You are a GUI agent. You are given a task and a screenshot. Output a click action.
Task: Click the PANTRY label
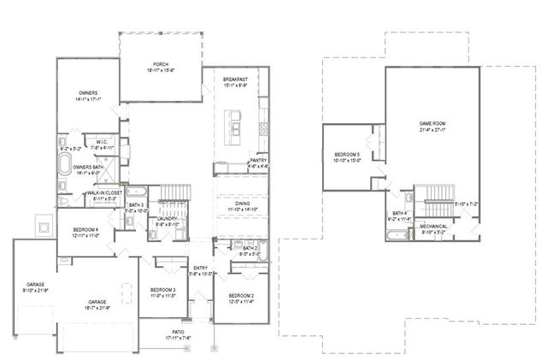259,160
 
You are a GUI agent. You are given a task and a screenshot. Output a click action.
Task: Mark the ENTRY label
201,269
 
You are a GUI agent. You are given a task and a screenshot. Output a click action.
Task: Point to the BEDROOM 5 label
348,155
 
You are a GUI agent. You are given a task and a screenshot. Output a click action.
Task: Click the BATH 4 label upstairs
399,213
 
